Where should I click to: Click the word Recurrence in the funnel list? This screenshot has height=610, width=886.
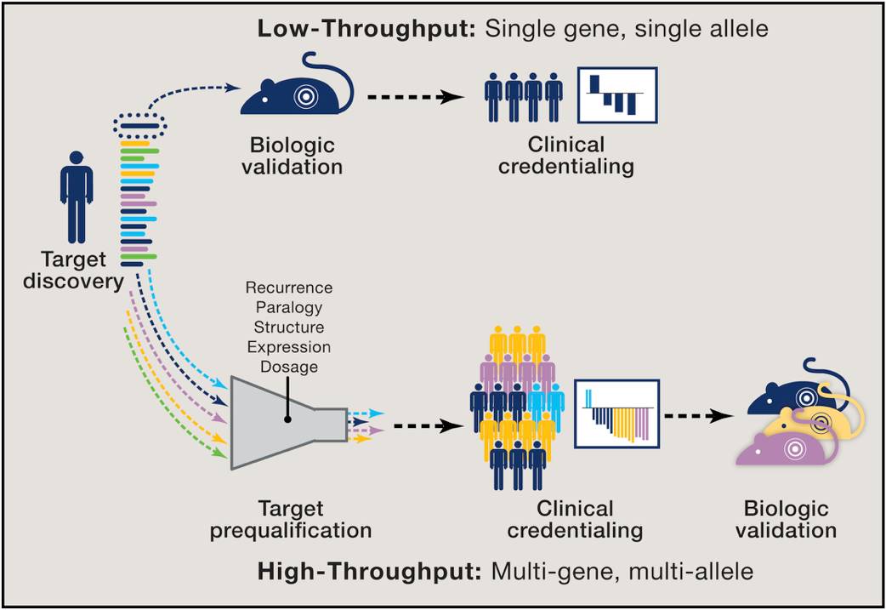(287, 288)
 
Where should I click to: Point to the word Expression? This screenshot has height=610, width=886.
(287, 347)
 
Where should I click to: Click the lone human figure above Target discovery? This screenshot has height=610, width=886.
(76, 197)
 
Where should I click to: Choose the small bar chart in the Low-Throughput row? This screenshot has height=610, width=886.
(617, 94)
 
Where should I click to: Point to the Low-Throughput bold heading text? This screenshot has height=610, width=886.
(368, 28)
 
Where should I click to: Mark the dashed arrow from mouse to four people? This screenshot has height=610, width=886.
(417, 96)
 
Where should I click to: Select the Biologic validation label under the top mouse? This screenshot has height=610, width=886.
(291, 155)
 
